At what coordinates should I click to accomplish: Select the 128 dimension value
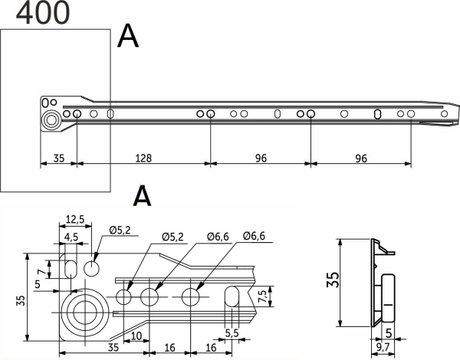[143, 159]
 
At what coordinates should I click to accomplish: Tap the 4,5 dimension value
[71, 237]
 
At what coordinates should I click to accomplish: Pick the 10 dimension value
[135, 336]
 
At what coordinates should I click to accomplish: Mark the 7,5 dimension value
[263, 296]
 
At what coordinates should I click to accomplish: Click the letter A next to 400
[127, 35]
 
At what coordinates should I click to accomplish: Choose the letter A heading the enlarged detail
[142, 197]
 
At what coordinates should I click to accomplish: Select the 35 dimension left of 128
[58, 159]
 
